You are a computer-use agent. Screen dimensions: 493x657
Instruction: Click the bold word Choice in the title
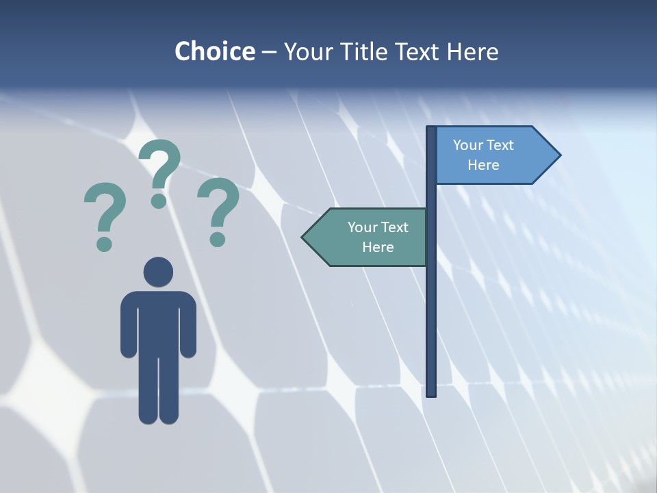[214, 51]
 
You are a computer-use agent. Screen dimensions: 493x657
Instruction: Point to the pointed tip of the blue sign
[559, 155]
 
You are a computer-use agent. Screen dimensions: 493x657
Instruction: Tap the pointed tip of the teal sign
[303, 237]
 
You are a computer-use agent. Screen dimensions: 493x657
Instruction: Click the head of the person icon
[158, 272]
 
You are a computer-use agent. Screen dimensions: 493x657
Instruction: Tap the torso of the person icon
[158, 322]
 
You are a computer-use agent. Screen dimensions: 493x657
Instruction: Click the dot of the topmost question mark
[159, 201]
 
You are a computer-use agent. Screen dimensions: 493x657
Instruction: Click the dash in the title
[270, 51]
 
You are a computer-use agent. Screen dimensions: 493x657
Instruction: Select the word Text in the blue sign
[500, 145]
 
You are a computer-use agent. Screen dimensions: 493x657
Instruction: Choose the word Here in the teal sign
[378, 247]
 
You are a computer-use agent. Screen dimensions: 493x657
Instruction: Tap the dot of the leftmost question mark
[104, 243]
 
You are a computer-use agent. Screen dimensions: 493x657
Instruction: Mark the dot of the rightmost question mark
[218, 239]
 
